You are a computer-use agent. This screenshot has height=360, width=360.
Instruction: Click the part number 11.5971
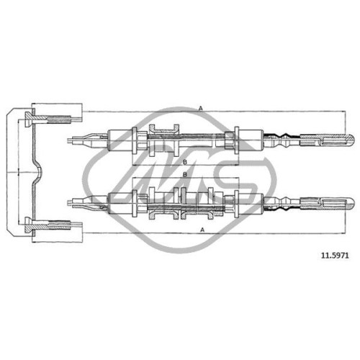coord(335,256)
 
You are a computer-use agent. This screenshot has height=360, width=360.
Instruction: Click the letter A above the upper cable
coord(201,109)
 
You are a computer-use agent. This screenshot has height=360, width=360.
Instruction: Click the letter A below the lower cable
coord(202,230)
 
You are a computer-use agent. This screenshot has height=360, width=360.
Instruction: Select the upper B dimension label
coord(185,162)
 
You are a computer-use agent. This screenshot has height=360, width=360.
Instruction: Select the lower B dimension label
coord(185,175)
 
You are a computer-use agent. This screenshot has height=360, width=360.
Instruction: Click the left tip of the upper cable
coord(68,140)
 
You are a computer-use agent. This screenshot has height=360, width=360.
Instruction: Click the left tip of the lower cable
coord(68,203)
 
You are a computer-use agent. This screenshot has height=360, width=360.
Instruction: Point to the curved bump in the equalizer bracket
coord(39,172)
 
